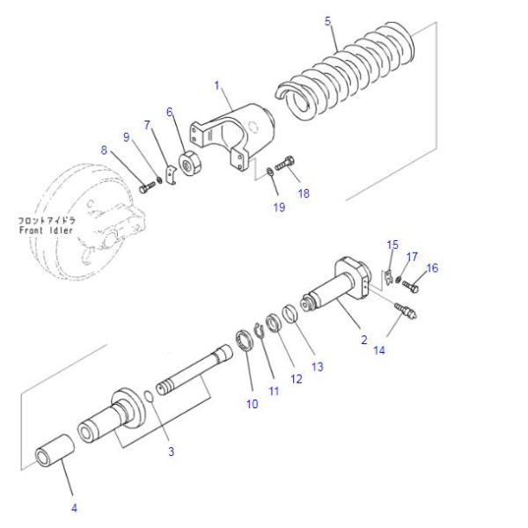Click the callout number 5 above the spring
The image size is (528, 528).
click(x=329, y=18)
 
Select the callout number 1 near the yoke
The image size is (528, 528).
click(x=216, y=86)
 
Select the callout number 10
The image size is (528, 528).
click(x=253, y=404)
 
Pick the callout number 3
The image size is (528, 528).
click(x=171, y=451)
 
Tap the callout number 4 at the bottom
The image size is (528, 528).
click(x=74, y=508)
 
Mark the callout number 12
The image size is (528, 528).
click(x=294, y=378)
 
